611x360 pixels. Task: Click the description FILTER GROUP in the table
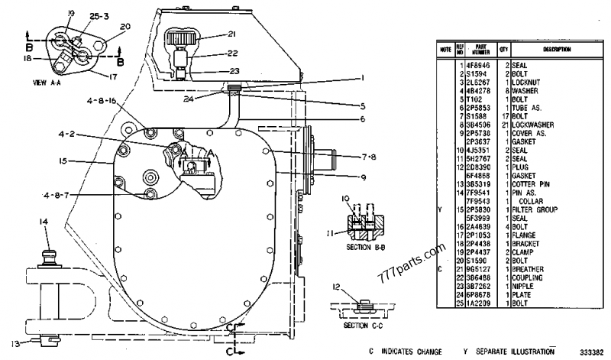[x=532, y=208]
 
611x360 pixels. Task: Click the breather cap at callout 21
[x=181, y=37]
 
